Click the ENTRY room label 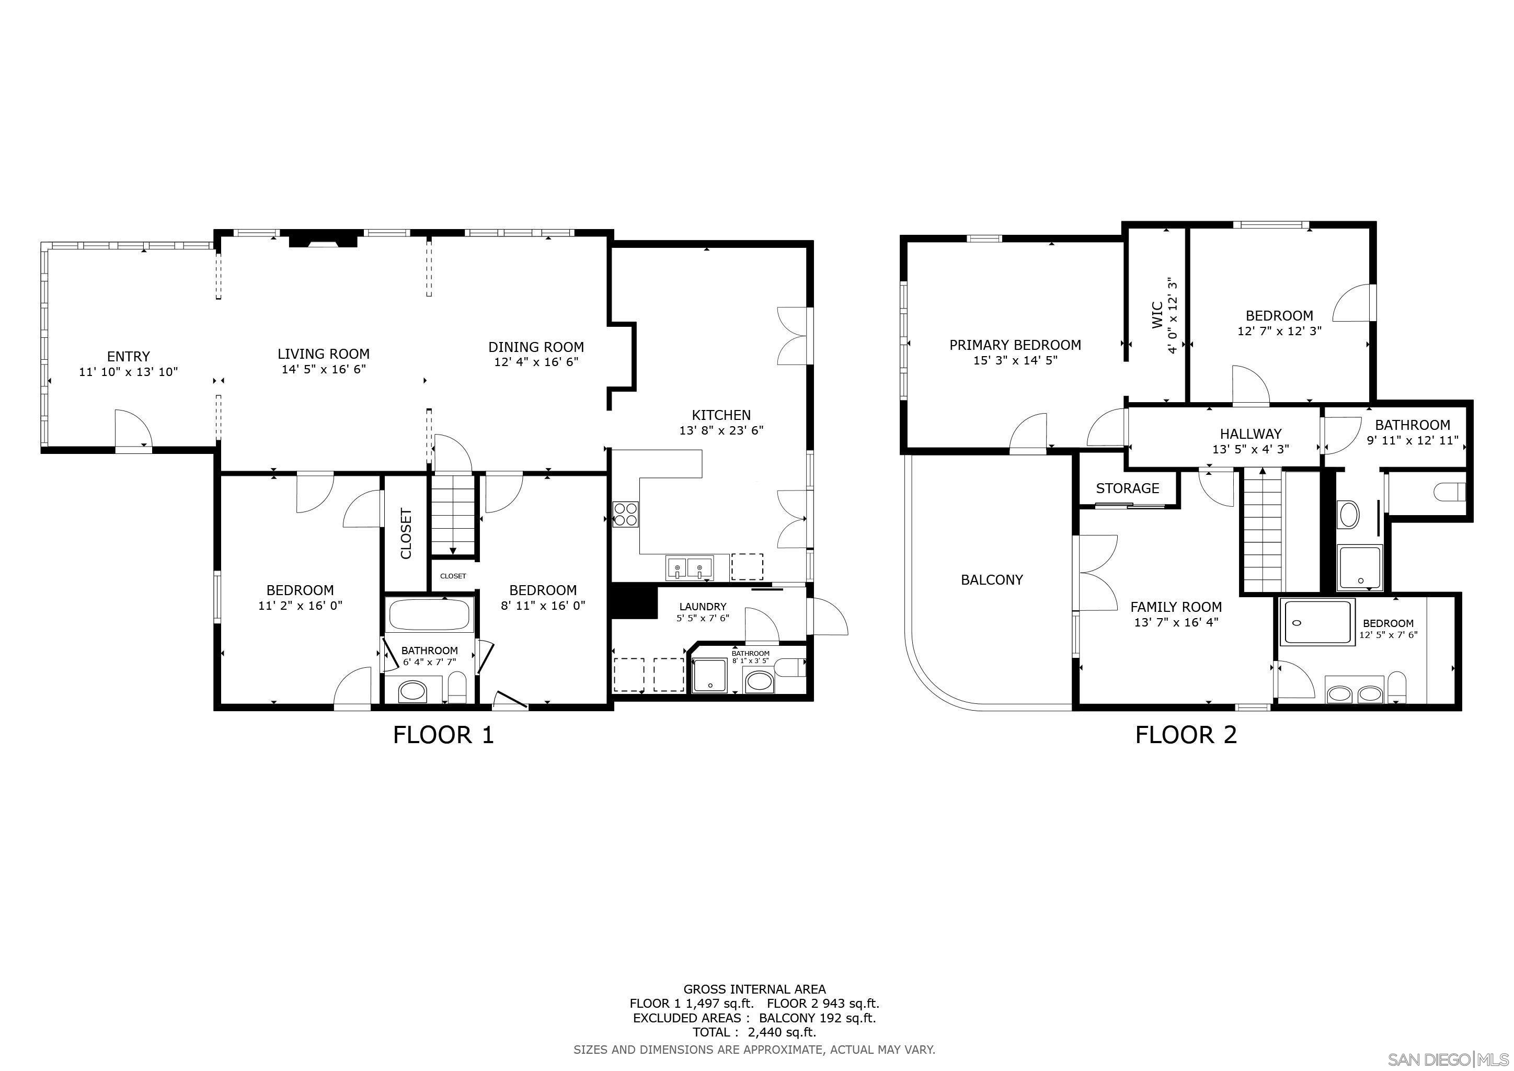click(128, 357)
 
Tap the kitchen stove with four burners click(625, 514)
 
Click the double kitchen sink click(689, 567)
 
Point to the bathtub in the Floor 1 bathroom click(430, 614)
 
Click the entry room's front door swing click(133, 429)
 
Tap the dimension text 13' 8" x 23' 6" click(721, 430)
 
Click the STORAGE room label click(1127, 488)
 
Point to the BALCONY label click(991, 579)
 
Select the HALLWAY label click(1250, 434)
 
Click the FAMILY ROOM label click(1176, 607)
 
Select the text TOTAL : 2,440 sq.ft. click(754, 1032)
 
